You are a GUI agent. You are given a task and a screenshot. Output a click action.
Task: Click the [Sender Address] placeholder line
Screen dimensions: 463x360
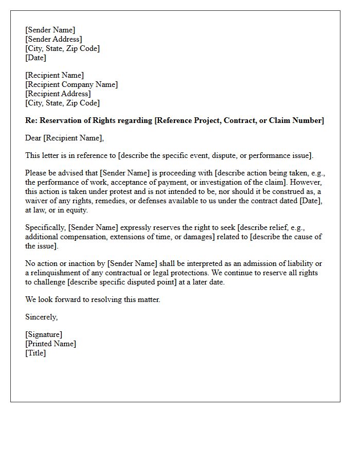[53, 39]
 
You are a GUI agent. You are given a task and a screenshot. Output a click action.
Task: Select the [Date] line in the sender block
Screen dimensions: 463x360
[35, 58]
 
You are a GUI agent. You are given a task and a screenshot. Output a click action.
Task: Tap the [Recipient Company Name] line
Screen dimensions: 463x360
[71, 84]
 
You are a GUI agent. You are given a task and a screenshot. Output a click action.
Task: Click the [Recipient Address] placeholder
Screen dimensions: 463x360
[58, 94]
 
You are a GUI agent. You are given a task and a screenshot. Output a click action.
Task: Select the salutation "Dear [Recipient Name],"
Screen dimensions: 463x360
[64, 138]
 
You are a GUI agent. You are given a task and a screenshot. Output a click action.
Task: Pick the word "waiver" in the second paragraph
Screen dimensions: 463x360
[38, 201]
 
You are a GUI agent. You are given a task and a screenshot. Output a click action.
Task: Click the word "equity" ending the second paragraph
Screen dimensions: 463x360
[77, 210]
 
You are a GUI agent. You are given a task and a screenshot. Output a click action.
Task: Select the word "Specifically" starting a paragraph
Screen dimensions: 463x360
[45, 227]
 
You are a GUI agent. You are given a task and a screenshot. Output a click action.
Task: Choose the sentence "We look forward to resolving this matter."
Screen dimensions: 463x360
[93, 299]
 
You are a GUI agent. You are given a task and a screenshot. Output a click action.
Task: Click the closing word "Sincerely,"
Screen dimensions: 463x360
[41, 317]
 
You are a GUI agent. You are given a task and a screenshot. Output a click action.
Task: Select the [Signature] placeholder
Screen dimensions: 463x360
[44, 334]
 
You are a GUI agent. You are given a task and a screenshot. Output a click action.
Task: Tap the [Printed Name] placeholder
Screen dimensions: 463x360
[50, 344]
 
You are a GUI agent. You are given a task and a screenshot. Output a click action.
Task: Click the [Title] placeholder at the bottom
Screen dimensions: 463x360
[35, 353]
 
